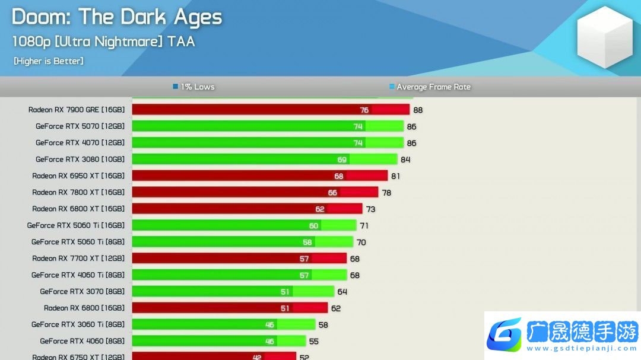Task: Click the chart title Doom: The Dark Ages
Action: [x=117, y=17]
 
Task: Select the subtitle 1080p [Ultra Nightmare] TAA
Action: [x=103, y=42]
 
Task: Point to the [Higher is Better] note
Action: [x=49, y=60]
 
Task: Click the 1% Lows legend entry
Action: [x=194, y=87]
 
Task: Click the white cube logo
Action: [x=605, y=37]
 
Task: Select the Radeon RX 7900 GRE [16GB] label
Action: [x=77, y=110]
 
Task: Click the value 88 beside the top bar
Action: [x=418, y=110]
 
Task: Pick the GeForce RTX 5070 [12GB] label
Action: [x=80, y=126]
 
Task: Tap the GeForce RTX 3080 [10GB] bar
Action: [x=264, y=159]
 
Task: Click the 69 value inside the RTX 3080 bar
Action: [x=342, y=160]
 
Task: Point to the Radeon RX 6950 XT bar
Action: [x=259, y=176]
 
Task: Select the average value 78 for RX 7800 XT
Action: [x=386, y=193]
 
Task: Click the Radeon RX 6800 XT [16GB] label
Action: [x=78, y=209]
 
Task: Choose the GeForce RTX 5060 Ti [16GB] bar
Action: [x=244, y=225]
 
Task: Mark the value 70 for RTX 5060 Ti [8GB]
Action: [x=361, y=242]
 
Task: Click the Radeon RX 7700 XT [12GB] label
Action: [x=78, y=259]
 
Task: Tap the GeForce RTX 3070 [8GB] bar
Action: [x=233, y=291]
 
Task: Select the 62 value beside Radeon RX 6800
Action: [x=337, y=308]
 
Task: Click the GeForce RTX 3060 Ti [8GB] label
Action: [x=78, y=324]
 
